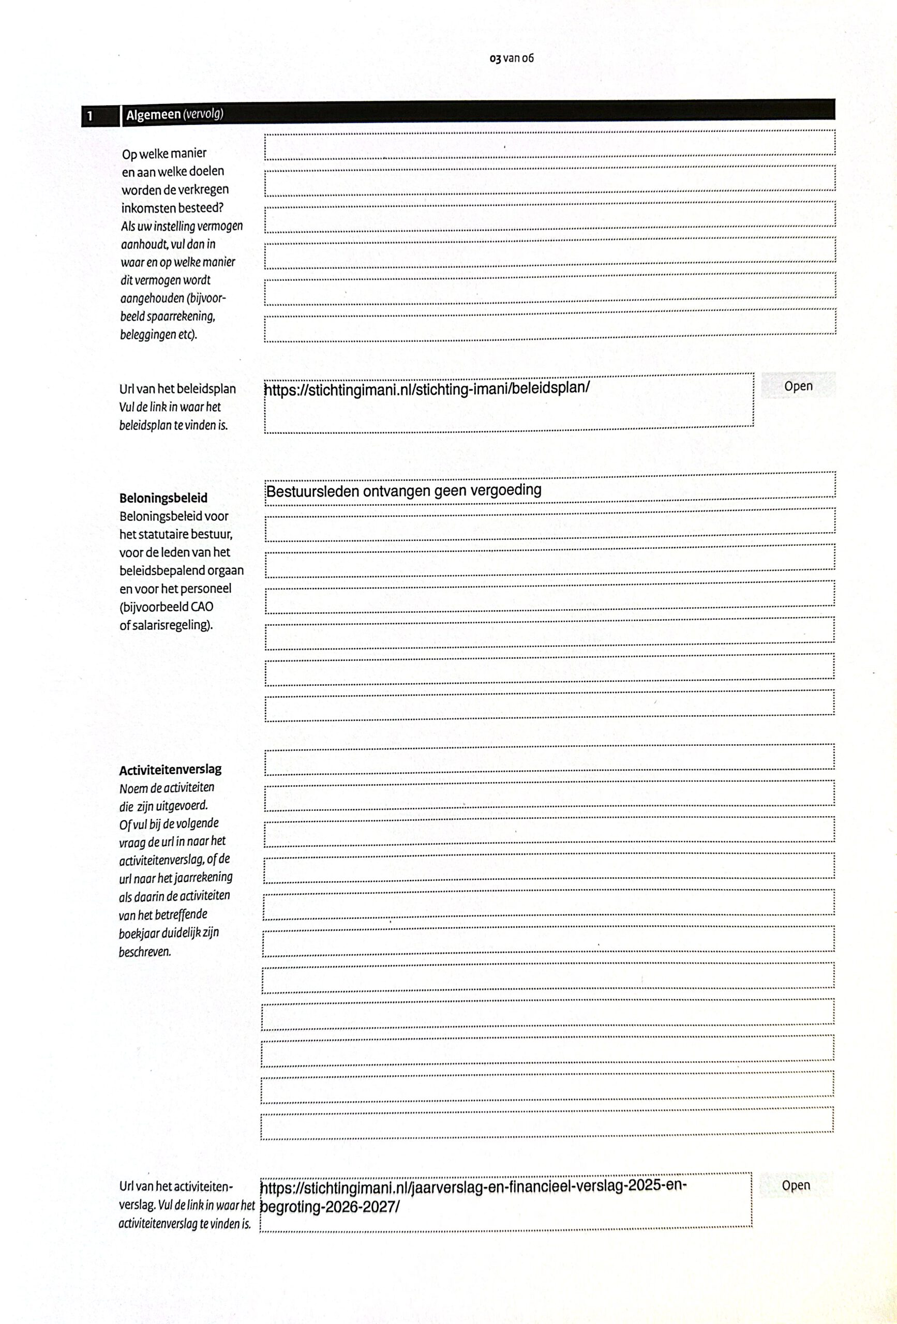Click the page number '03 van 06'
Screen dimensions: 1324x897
coord(512,58)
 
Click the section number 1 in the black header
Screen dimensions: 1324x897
coord(90,117)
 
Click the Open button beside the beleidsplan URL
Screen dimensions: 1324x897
coord(798,386)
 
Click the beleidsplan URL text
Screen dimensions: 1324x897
coord(427,388)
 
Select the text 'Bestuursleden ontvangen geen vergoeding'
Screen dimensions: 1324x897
coord(403,490)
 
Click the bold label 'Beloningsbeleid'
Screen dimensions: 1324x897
coord(163,498)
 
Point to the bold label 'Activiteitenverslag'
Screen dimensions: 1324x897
coord(170,770)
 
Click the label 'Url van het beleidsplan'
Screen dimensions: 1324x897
coord(177,389)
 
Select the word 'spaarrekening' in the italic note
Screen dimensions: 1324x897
coord(181,316)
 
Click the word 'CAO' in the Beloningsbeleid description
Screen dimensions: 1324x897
coord(202,607)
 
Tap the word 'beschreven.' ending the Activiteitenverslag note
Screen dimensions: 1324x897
coord(145,952)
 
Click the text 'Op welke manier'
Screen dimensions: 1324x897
coord(164,154)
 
